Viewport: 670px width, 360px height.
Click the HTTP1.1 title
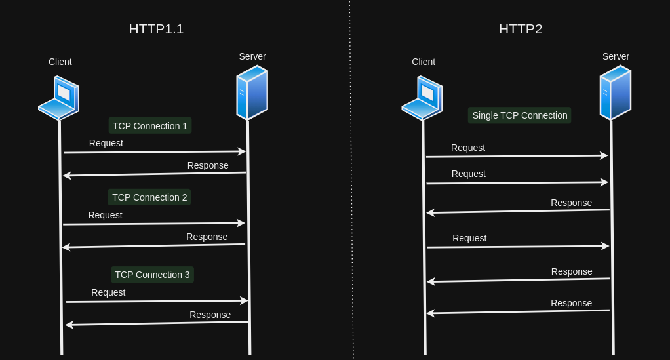click(156, 29)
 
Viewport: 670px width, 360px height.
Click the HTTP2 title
click(521, 29)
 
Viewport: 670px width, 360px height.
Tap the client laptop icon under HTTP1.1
click(59, 98)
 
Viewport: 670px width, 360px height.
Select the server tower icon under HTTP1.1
click(252, 92)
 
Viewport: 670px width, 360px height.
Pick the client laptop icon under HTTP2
click(422, 98)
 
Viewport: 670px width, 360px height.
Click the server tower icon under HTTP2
click(615, 92)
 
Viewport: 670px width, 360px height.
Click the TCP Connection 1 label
click(150, 126)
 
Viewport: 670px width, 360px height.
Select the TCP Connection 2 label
click(149, 197)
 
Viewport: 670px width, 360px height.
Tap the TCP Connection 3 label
click(152, 275)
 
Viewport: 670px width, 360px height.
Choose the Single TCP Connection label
click(520, 115)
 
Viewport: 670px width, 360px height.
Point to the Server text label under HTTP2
click(616, 56)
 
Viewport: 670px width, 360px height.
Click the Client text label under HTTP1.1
click(60, 62)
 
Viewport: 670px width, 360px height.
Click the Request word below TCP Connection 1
click(106, 143)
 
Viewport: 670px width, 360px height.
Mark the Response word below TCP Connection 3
click(210, 315)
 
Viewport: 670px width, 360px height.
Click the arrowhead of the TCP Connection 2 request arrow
click(241, 223)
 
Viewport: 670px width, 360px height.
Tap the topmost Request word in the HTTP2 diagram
click(468, 148)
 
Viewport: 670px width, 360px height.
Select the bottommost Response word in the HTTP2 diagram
click(571, 303)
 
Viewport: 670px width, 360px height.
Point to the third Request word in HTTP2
click(469, 238)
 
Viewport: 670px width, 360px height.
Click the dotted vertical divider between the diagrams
click(351, 180)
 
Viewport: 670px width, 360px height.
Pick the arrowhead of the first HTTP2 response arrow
click(430, 212)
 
